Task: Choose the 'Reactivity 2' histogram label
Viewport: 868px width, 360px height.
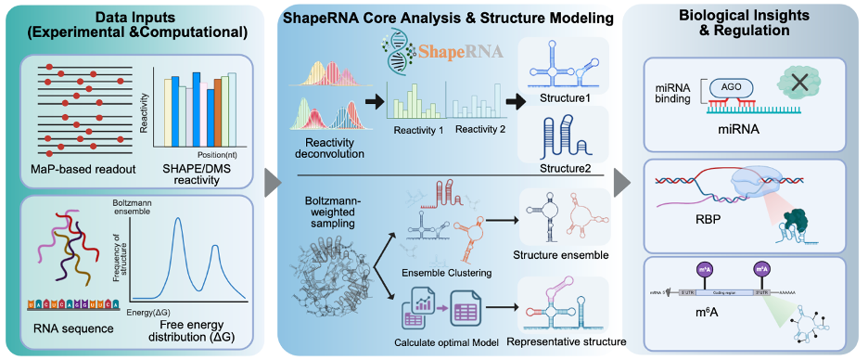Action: pyautogui.click(x=480, y=130)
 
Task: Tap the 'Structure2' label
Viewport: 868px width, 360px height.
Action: pyautogui.click(x=567, y=169)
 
